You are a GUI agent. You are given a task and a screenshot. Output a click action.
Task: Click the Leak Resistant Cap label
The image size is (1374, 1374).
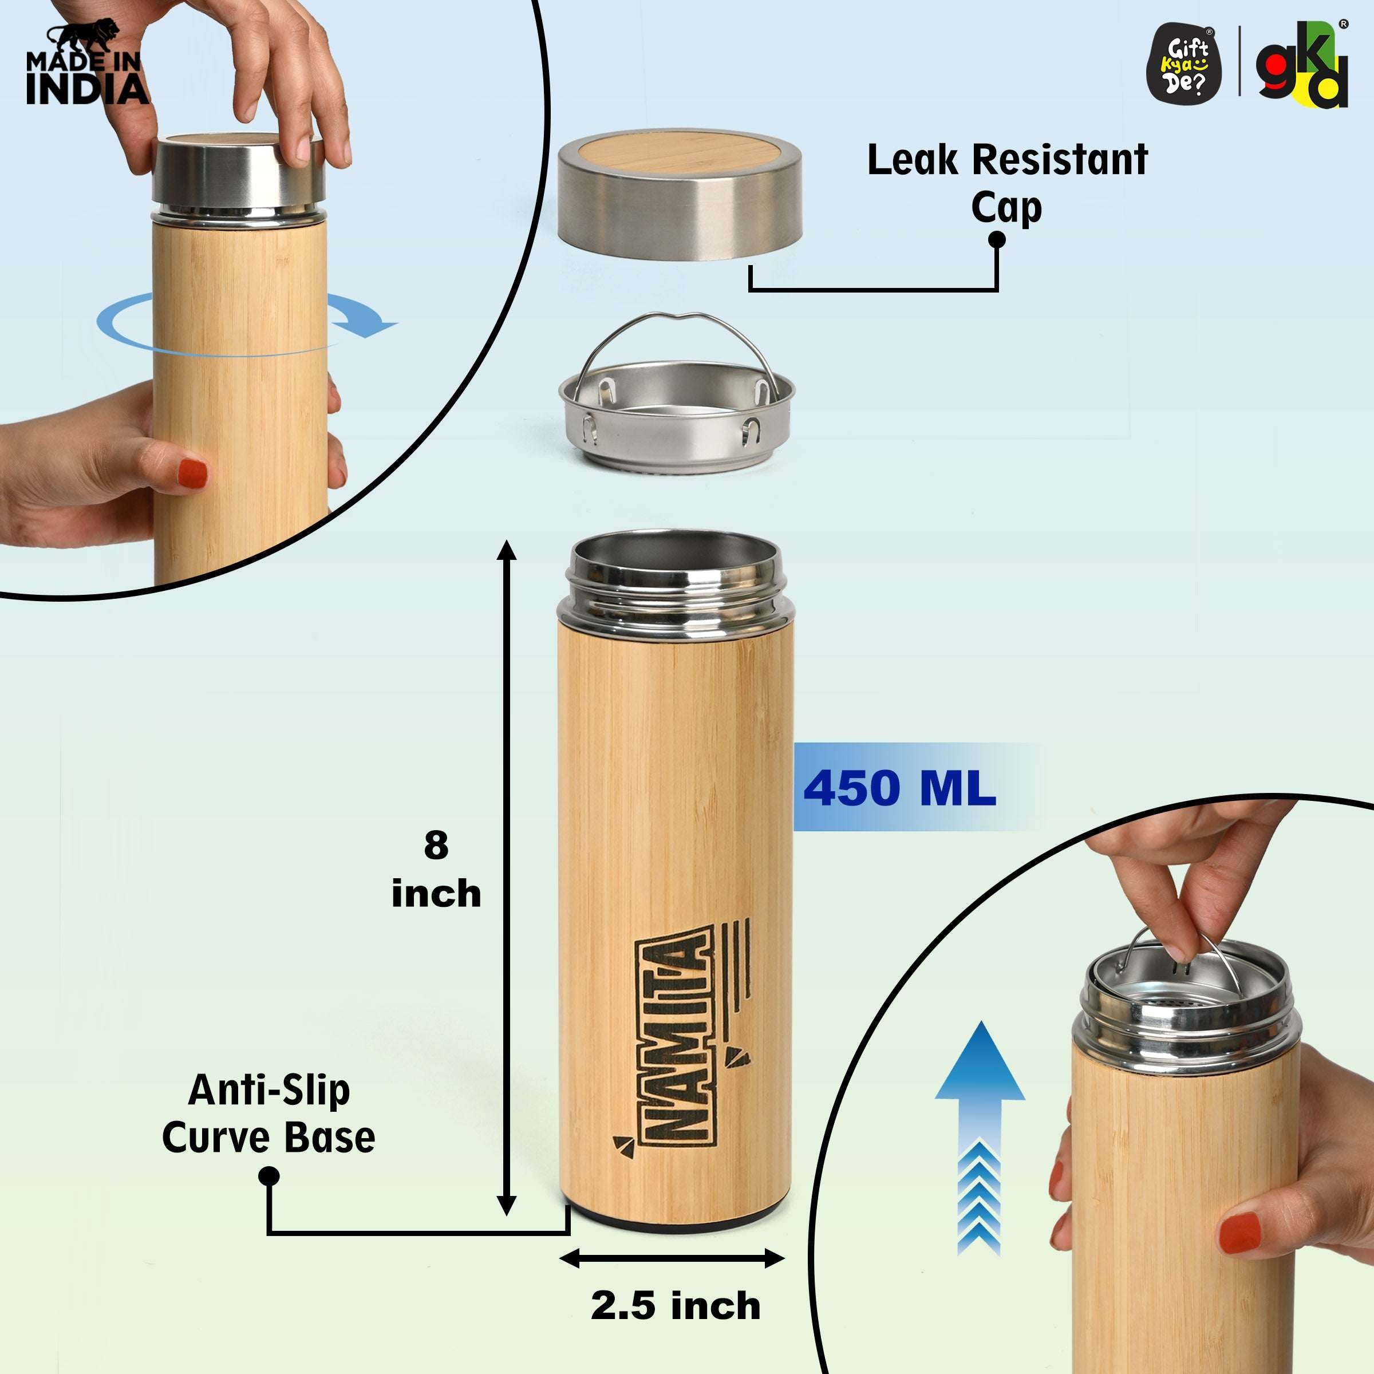tap(1007, 183)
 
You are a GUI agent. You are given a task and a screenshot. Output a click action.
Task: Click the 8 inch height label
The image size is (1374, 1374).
tap(436, 869)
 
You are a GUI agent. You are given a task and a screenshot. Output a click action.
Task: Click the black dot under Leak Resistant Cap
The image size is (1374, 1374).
tap(997, 240)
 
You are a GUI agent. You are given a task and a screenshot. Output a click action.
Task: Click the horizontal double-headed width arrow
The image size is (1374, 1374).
tap(672, 1259)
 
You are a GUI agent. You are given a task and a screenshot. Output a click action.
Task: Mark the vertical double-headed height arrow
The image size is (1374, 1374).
tap(506, 878)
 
